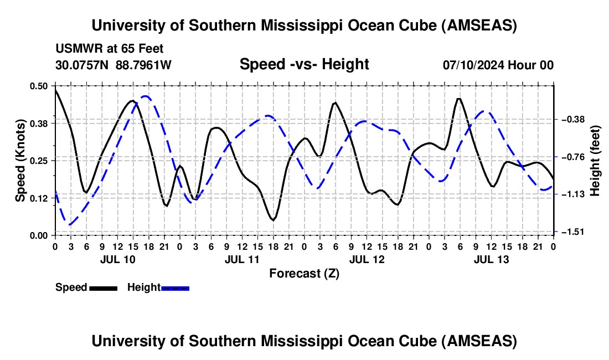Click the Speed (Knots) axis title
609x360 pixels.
[x=20, y=161]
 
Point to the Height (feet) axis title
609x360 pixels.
[x=596, y=161]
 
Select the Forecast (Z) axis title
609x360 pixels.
[x=304, y=273]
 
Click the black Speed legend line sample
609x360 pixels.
[x=103, y=287]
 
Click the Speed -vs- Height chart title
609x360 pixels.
[x=304, y=64]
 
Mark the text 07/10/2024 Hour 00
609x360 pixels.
[x=498, y=65]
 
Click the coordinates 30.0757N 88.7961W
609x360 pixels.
[x=113, y=65]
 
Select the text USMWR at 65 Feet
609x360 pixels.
[x=110, y=49]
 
